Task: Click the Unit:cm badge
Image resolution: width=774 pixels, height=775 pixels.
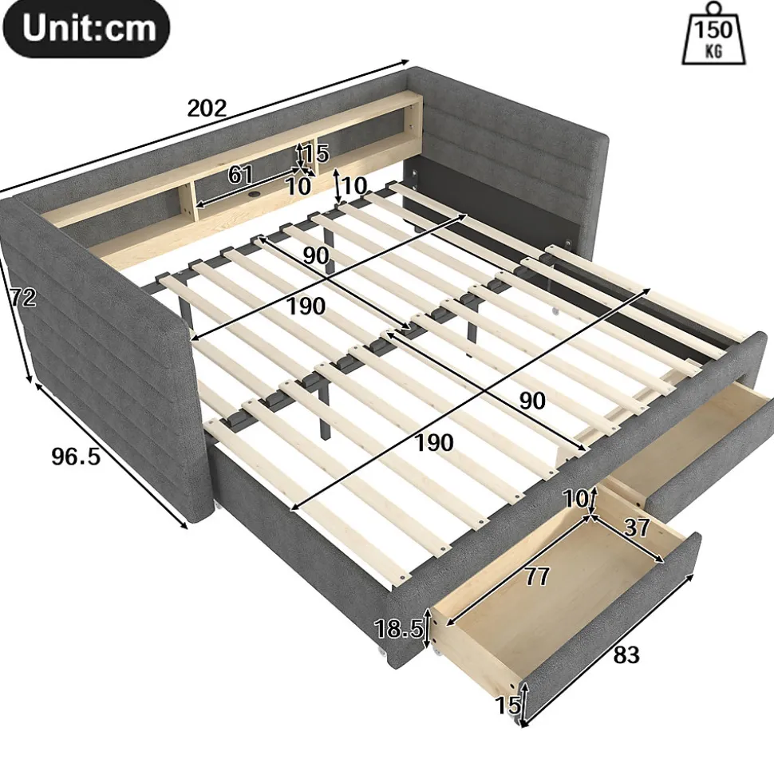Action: [86, 28]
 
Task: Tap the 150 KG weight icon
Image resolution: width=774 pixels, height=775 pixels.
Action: [714, 34]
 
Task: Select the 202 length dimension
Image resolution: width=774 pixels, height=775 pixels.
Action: [207, 109]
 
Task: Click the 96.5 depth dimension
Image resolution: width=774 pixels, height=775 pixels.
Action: [76, 457]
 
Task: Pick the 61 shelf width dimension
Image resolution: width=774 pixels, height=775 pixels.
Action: [240, 175]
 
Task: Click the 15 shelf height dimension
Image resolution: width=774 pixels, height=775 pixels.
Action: [316, 153]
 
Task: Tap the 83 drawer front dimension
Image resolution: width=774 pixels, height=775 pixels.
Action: [626, 655]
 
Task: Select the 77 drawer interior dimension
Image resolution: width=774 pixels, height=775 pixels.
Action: [537, 576]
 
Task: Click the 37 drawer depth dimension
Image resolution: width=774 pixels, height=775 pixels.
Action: [637, 528]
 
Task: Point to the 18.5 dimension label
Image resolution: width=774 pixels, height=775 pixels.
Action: [398, 629]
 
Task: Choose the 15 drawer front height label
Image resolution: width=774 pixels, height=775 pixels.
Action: [508, 705]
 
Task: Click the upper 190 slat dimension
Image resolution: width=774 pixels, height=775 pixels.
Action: [306, 306]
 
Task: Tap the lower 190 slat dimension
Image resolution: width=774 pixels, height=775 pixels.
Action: [433, 442]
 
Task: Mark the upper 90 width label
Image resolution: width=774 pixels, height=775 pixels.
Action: [316, 255]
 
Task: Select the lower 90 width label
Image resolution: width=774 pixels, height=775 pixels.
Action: [532, 401]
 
